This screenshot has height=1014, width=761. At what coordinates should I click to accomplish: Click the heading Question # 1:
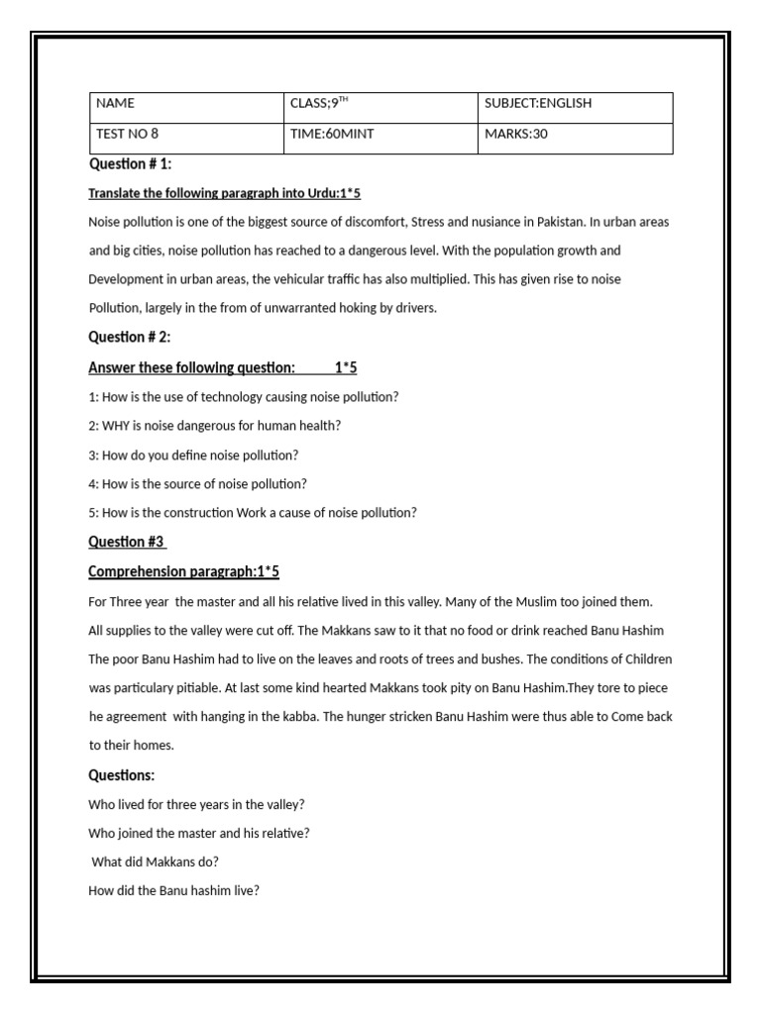(131, 164)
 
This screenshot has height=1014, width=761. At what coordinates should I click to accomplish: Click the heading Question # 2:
(131, 338)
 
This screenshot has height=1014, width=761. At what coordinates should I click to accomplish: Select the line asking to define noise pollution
(193, 455)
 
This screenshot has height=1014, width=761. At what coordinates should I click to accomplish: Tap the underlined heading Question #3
(127, 542)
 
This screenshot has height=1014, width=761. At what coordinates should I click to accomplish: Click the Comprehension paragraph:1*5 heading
(184, 571)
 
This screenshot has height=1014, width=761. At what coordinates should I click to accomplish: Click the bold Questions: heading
(122, 774)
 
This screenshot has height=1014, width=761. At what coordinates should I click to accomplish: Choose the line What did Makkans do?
(155, 862)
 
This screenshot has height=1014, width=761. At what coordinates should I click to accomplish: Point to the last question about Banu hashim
(173, 890)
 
